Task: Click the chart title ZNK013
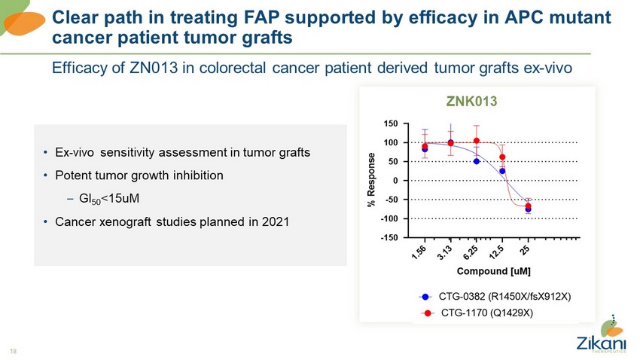point(470,100)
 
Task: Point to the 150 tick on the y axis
point(390,124)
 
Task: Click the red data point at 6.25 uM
point(477,141)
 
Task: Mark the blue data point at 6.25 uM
point(477,161)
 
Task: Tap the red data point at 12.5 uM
point(502,157)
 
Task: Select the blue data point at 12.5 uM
point(502,171)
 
